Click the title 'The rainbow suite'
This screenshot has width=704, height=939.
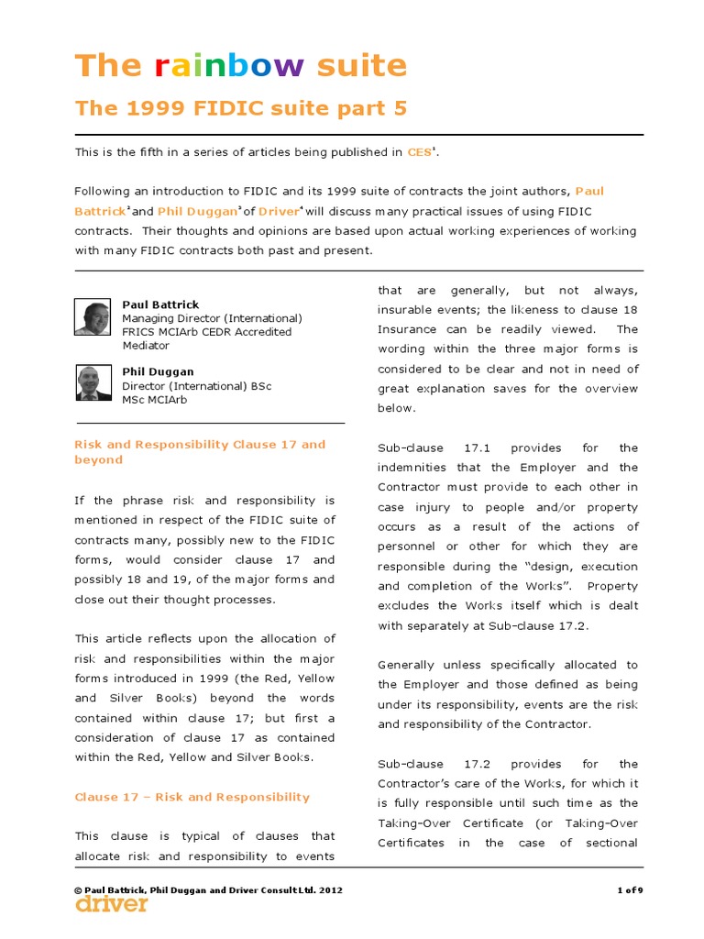(240, 65)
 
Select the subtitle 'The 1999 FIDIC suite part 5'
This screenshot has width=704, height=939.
(240, 109)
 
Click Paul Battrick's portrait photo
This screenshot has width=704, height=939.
(93, 317)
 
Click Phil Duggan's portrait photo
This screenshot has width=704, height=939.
(93, 382)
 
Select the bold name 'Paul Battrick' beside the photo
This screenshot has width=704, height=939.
(160, 304)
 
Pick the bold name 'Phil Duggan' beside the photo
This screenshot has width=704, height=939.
(157, 372)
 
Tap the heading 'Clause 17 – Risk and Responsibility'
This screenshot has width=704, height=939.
(192, 797)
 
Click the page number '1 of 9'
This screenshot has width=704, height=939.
(629, 889)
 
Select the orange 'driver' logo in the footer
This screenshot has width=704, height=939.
(111, 904)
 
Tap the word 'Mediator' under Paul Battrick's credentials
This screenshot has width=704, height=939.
(146, 346)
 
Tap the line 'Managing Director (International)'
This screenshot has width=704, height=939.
(212, 318)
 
